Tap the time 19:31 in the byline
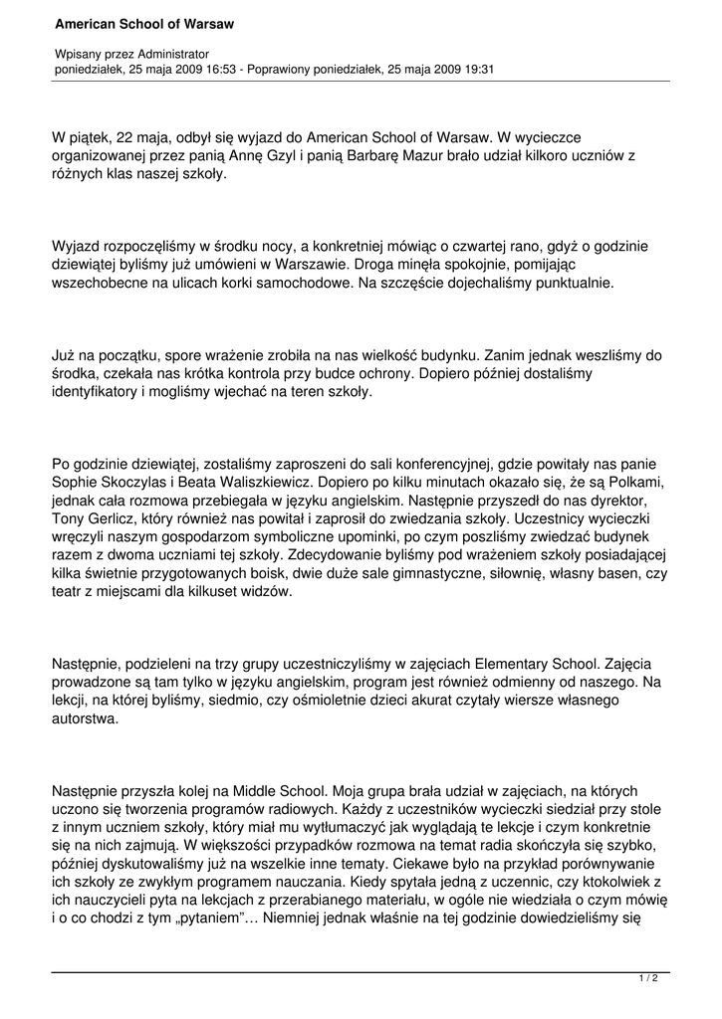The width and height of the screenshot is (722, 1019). point(477,70)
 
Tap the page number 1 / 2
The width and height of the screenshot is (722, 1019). point(648,979)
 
